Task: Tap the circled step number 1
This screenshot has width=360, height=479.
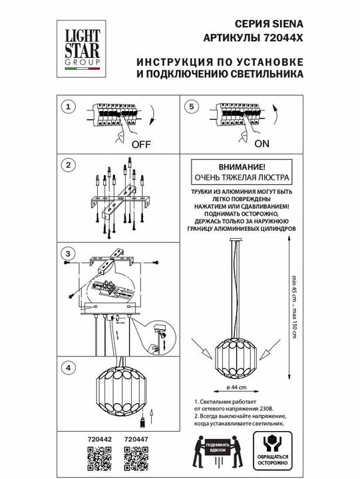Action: tap(67, 106)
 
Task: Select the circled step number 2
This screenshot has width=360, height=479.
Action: tap(67, 164)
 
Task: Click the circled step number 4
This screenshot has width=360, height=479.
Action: tap(67, 367)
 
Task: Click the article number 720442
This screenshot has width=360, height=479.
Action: tap(100, 438)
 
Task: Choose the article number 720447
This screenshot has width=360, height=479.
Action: tap(136, 438)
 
